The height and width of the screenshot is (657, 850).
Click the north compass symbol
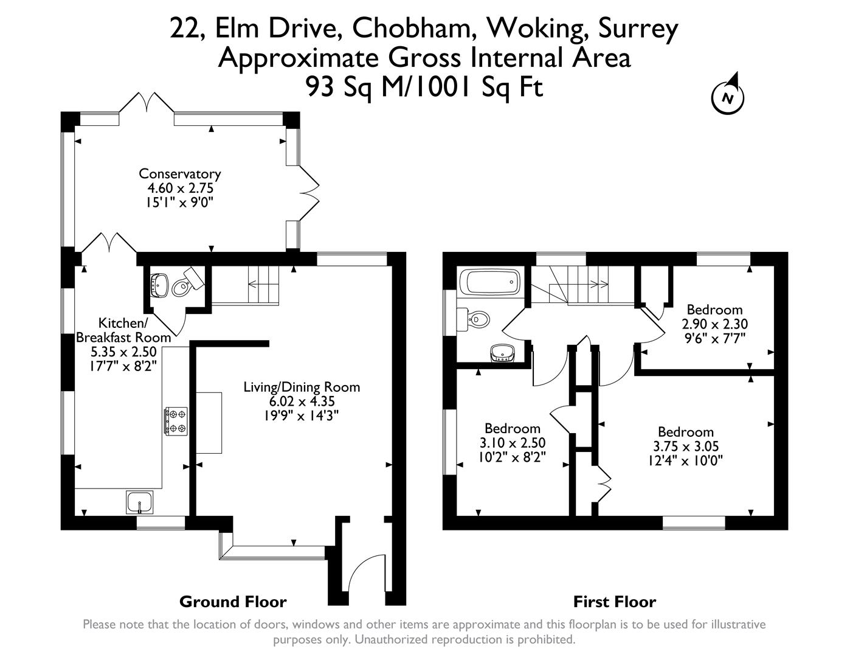point(728,96)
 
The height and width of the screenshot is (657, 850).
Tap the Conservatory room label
point(179,174)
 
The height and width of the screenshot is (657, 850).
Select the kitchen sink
point(141,502)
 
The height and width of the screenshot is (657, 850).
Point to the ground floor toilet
point(183,284)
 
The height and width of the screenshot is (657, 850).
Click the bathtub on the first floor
point(490,283)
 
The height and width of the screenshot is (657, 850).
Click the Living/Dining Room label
point(302,387)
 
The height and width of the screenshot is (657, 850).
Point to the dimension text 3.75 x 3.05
point(685,446)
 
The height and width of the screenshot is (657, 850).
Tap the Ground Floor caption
point(233,602)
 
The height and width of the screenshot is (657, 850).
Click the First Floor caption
point(615,602)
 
